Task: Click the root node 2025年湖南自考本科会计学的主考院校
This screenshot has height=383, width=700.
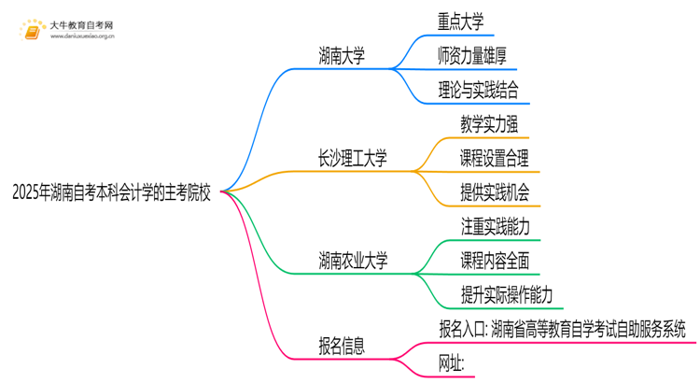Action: (x=112, y=193)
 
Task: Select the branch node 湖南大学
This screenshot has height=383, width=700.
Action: (x=342, y=56)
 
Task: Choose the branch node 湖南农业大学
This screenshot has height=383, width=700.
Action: (x=354, y=260)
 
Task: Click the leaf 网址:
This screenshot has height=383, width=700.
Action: (x=452, y=362)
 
